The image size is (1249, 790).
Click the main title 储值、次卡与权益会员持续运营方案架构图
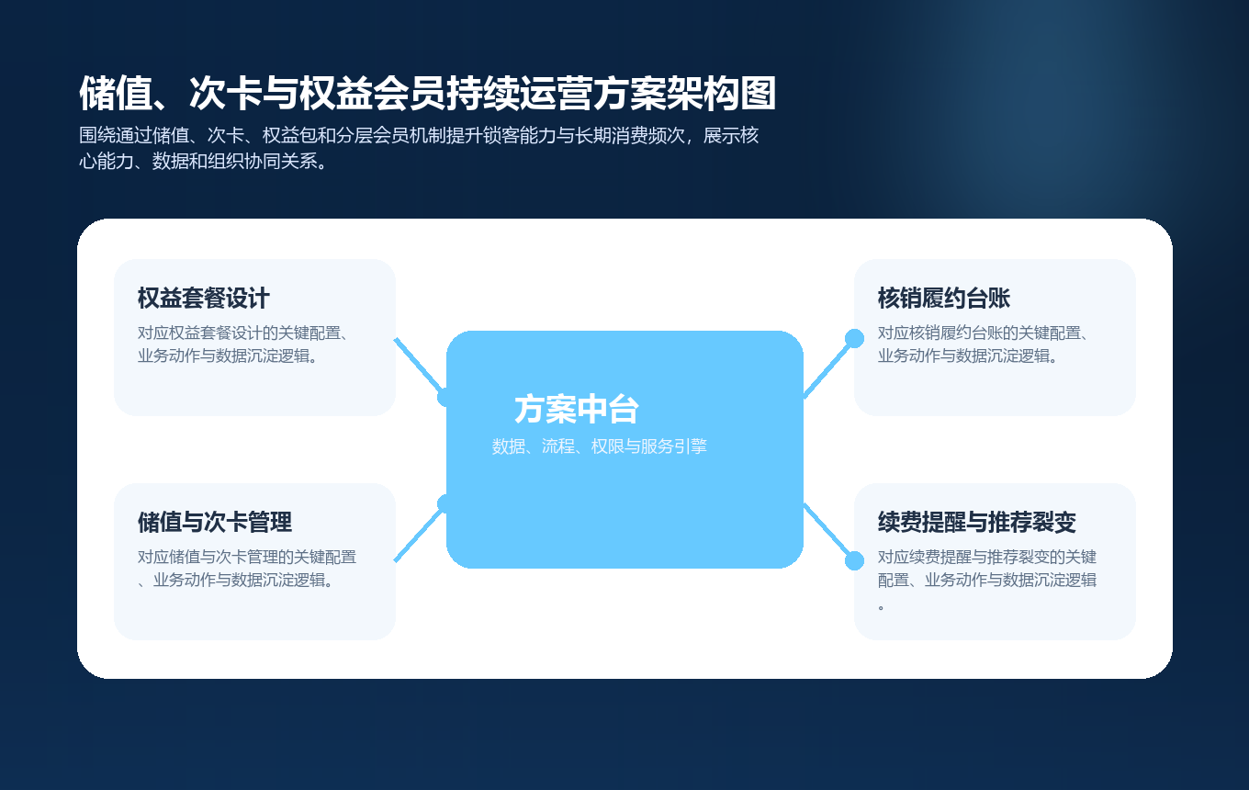pyautogui.click(x=427, y=94)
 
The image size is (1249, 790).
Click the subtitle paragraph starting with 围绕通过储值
pyautogui.click(x=419, y=149)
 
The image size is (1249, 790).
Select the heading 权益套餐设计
pyautogui.click(x=203, y=299)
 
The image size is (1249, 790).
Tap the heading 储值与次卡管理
pyautogui.click(x=214, y=523)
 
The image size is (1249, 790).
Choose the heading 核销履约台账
pyautogui.click(x=943, y=299)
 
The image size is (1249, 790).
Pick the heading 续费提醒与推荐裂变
pyautogui.click(x=976, y=523)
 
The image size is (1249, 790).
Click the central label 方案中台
pyautogui.click(x=576, y=410)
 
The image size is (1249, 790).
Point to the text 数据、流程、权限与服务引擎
pyautogui.click(x=599, y=447)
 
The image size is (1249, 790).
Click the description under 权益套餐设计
pyautogui.click(x=246, y=344)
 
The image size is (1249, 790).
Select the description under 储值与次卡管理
pyautogui.click(x=246, y=569)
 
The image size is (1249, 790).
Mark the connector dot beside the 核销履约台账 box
pyautogui.click(x=854, y=338)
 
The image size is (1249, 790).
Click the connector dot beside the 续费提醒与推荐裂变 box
pyautogui.click(x=854, y=560)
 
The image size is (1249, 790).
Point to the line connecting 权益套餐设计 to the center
pyautogui.click(x=418, y=366)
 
